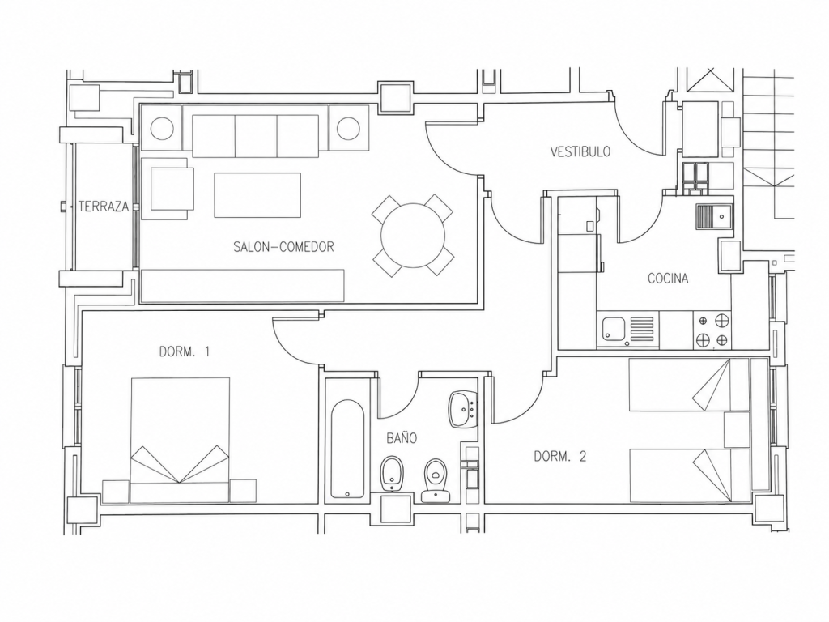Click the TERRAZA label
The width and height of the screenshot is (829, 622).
104,207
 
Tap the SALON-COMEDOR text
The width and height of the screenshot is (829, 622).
283,246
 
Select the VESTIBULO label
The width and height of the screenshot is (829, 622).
580,151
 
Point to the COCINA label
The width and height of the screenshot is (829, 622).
668,279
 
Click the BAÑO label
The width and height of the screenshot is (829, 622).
402,437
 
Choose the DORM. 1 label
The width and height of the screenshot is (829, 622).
185,351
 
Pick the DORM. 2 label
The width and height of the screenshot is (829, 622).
560,456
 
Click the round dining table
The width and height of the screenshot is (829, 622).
413,236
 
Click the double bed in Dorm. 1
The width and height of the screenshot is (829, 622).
181,440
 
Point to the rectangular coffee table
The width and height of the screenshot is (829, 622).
257,194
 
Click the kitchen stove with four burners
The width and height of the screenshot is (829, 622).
712,330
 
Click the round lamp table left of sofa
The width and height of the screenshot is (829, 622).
162,129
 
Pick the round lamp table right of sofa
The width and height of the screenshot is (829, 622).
348,129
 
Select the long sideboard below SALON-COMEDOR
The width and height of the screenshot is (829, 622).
243,286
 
